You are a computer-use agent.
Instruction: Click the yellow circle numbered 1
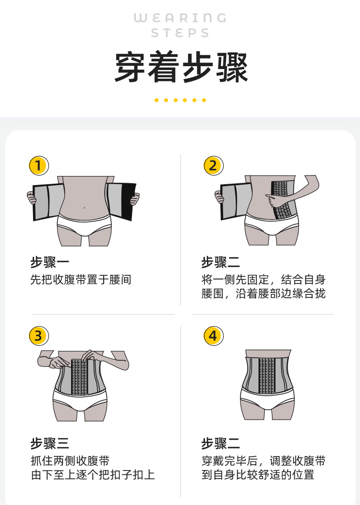[38, 165]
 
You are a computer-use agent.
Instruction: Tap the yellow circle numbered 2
[213, 165]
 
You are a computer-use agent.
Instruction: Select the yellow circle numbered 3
[38, 336]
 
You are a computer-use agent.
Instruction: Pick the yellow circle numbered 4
[213, 336]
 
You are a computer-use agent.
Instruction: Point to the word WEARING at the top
[180, 18]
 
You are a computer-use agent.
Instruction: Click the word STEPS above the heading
[180, 34]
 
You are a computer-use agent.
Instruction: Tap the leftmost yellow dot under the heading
[156, 100]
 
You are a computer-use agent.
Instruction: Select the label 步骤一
[50, 263]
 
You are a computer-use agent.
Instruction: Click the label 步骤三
[50, 444]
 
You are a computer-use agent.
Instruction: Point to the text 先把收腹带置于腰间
[81, 280]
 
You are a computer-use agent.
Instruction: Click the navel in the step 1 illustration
[84, 208]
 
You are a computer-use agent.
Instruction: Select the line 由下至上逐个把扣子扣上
[93, 475]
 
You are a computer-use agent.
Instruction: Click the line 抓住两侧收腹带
[70, 461]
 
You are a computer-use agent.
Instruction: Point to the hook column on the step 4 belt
[266, 375]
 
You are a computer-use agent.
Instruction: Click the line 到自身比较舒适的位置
[258, 475]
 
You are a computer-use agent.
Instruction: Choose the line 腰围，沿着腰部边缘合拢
[263, 294]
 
